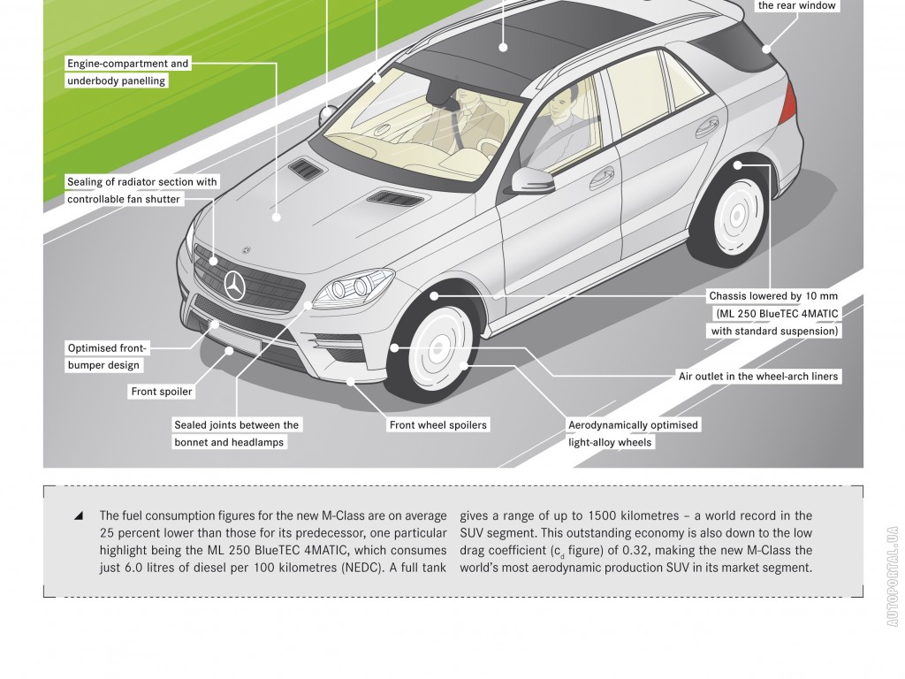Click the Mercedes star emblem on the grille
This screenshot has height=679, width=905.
click(235, 285)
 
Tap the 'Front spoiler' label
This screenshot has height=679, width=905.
click(162, 391)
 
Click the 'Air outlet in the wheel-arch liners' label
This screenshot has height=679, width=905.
click(758, 376)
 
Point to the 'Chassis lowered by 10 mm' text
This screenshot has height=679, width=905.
click(772, 296)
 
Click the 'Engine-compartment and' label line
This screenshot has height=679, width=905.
click(128, 64)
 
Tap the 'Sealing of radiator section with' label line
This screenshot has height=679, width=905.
click(142, 182)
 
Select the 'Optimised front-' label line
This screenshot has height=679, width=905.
click(108, 347)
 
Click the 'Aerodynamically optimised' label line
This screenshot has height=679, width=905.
click(634, 424)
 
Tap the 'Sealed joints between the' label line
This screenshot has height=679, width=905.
click(237, 424)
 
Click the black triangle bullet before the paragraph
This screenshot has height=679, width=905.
click(80, 515)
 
